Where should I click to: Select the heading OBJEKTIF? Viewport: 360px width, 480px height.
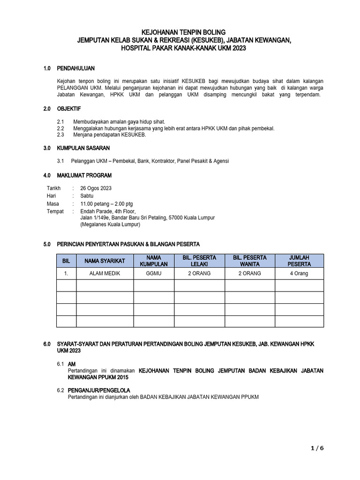point(69,108)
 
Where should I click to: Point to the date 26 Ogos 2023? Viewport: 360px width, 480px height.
point(96,188)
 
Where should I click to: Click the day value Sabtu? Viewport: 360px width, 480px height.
point(88,196)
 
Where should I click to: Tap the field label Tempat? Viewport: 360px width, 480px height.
point(55,211)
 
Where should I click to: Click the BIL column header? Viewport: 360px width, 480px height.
point(66,261)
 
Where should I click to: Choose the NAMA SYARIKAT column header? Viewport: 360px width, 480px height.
point(105,261)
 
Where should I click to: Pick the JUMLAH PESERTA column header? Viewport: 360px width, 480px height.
point(299,261)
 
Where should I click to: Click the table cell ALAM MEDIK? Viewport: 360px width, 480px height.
point(105,273)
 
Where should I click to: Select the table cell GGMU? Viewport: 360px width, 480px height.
point(154,273)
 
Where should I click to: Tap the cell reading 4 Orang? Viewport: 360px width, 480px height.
point(299,273)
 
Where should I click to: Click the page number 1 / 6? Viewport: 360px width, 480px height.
point(317,448)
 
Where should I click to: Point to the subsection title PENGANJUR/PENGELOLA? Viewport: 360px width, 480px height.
point(99,390)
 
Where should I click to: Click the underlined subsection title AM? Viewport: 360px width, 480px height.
point(72,364)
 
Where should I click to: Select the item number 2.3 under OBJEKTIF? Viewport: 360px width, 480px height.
point(60,135)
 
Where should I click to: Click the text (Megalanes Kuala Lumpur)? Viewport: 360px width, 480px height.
point(110,225)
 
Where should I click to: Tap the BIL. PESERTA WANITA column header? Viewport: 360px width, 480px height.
point(249,261)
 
